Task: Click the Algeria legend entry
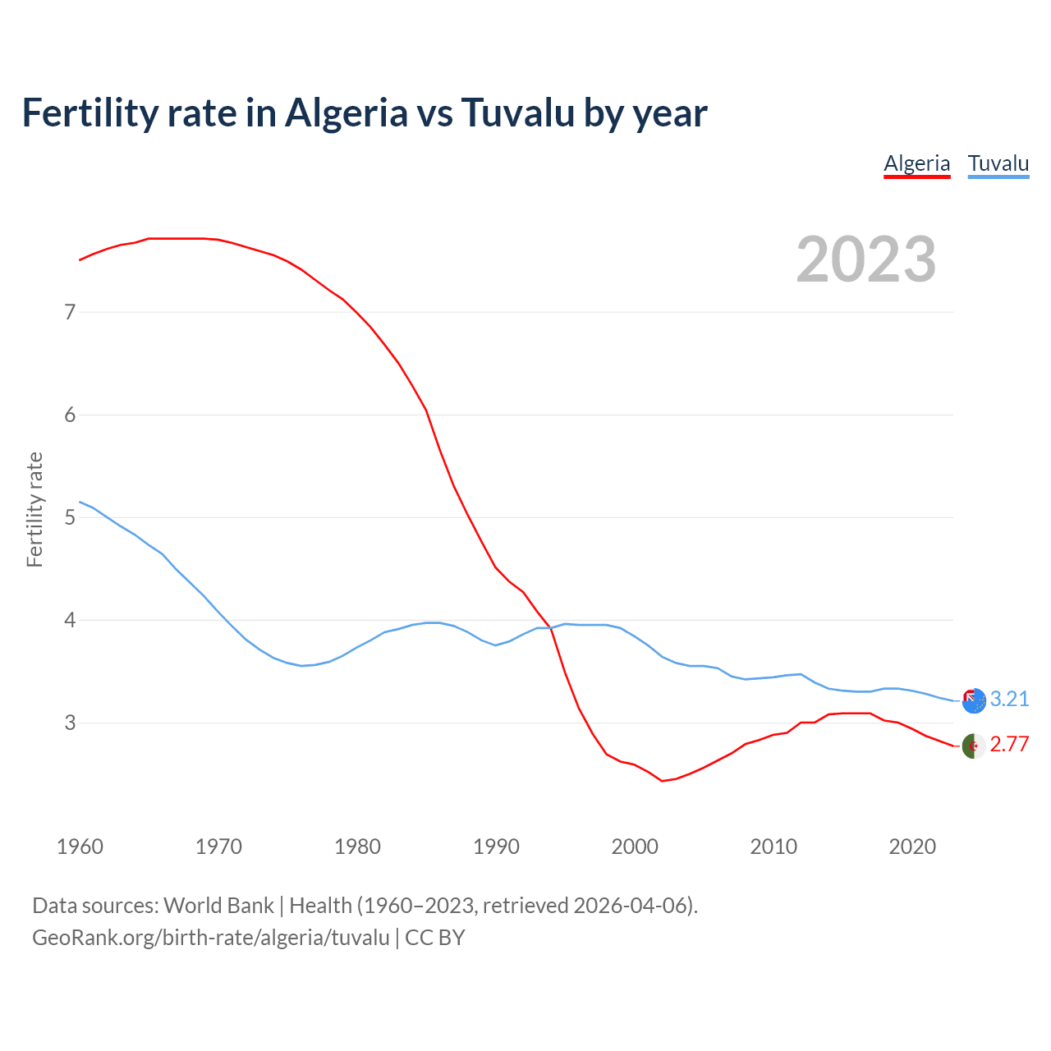(x=916, y=163)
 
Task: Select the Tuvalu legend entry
(x=998, y=163)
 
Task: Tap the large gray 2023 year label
(x=866, y=259)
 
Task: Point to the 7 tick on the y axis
(x=70, y=312)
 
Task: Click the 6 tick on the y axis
(x=70, y=415)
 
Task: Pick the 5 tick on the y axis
(x=70, y=517)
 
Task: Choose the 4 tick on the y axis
(x=70, y=620)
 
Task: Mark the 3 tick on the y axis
(x=70, y=723)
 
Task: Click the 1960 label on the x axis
(x=80, y=847)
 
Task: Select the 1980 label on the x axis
(x=357, y=847)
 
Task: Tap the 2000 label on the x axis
(x=635, y=847)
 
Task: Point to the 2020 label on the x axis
(x=912, y=847)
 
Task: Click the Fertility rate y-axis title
(x=34, y=509)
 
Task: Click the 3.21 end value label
(x=1009, y=699)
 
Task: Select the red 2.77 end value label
(x=1009, y=745)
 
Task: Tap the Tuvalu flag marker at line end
(x=974, y=700)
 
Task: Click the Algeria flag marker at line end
(x=974, y=746)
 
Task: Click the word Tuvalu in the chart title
(x=517, y=113)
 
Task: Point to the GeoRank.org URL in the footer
(x=210, y=937)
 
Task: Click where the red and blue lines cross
(x=551, y=627)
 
